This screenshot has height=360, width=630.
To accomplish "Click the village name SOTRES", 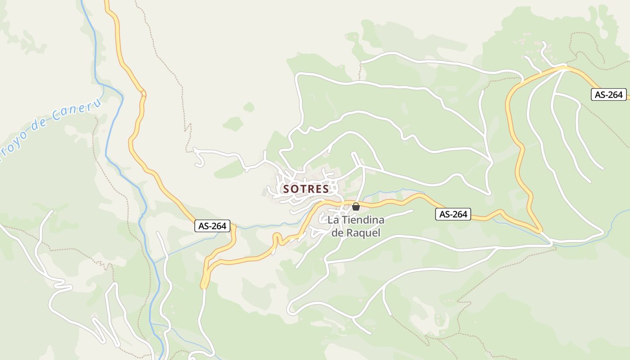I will coord(306,189).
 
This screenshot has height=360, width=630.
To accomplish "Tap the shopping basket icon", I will coord(356,207).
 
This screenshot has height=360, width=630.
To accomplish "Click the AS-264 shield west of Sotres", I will coord(212,226).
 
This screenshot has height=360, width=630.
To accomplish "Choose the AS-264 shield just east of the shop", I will coord(453,214).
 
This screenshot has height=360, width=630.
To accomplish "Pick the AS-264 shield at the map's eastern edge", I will coord(609,94).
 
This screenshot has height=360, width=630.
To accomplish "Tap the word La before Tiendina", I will coord(333,220).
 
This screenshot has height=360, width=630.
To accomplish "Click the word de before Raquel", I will coord(337,233).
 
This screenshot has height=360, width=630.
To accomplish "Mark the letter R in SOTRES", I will coord(311,189).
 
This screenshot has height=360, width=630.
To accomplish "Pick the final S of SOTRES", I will coord(326,189).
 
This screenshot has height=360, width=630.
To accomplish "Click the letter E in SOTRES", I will coord(319,189).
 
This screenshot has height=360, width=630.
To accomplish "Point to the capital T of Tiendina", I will coord(344,220).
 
